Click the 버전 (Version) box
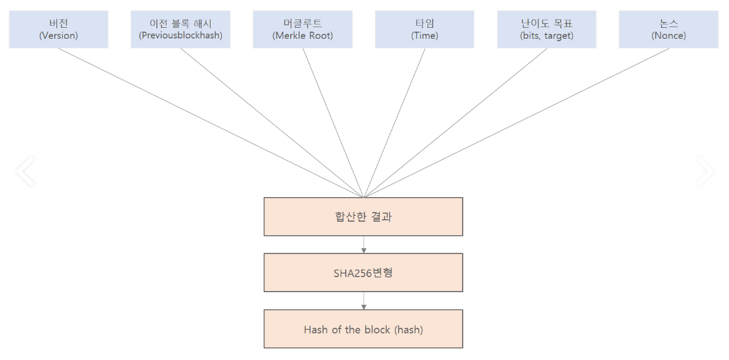[58, 29]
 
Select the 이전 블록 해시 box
[180, 29]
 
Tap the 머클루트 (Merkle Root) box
[302, 29]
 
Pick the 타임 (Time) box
[425, 29]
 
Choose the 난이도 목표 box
[547, 29]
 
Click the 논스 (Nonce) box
[669, 29]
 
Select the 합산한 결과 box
[363, 217]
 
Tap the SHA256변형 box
[363, 273]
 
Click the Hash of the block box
[363, 330]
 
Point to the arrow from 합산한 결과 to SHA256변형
[364, 245]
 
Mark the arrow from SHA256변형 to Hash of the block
[364, 301]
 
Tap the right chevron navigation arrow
[704, 171]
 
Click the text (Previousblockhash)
[180, 36]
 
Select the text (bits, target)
[547, 36]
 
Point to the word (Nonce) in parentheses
[669, 36]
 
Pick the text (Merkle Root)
[302, 36]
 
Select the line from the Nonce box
[516, 123]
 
